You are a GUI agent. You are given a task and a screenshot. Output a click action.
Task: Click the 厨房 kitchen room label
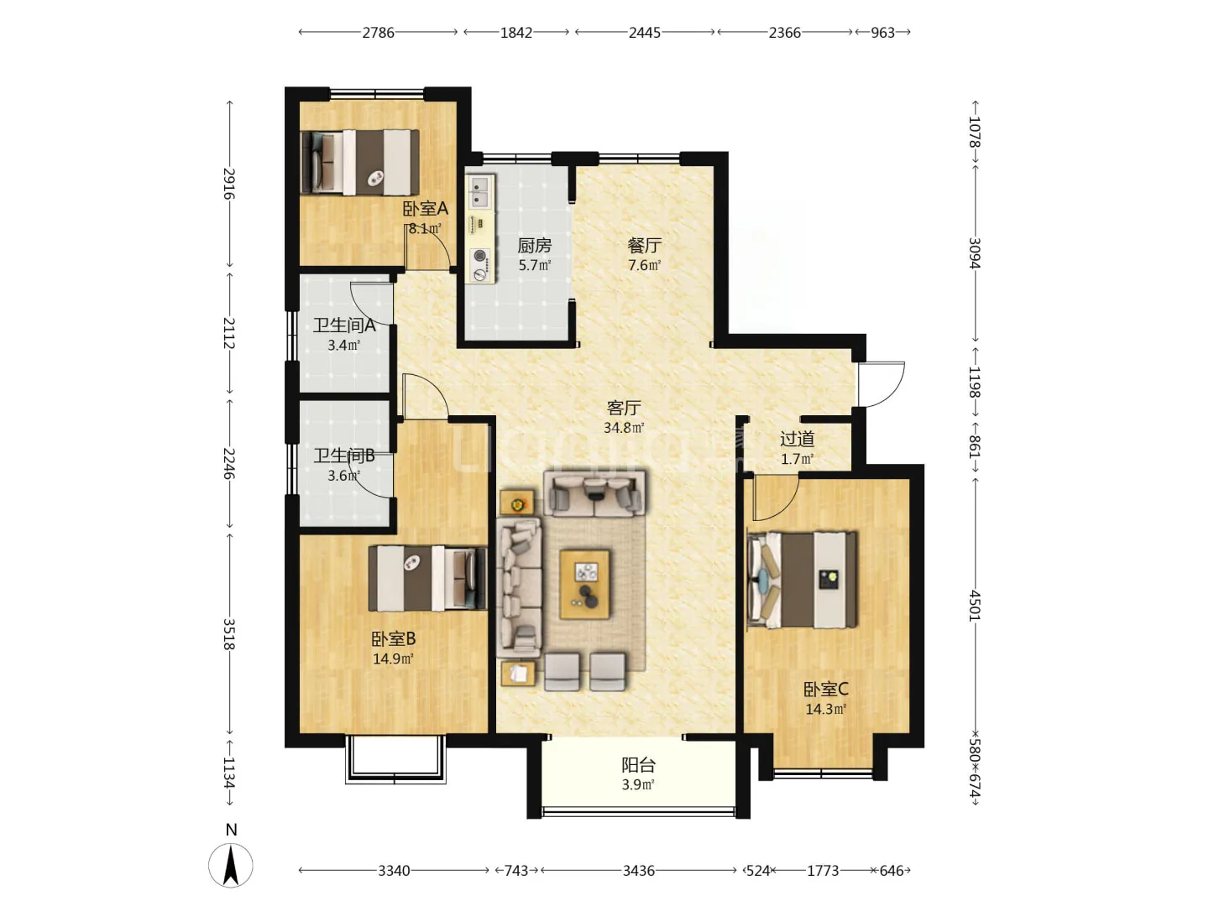coord(534,245)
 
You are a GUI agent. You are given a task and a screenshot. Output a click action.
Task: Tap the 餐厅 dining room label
coord(644,245)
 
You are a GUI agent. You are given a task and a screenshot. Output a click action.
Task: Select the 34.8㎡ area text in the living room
coord(624,428)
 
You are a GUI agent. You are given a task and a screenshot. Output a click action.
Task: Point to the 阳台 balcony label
coord(638,765)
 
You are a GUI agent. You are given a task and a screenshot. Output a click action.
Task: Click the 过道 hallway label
coord(797,439)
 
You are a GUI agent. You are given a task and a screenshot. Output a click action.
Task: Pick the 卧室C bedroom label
coord(825,690)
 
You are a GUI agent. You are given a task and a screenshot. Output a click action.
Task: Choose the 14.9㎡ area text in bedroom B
coord(393,659)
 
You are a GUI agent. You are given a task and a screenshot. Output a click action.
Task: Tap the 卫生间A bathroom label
coord(344,325)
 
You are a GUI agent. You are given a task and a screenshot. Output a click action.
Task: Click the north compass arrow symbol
coord(231,865)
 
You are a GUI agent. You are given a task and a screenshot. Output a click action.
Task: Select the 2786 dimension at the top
coord(378,33)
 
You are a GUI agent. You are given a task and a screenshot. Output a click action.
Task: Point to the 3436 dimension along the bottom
coord(639,871)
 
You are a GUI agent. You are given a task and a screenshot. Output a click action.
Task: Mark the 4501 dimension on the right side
coord(975,606)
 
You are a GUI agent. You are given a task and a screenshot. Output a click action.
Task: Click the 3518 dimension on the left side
coord(229,634)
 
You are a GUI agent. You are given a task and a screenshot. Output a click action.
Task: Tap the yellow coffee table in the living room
coord(584,584)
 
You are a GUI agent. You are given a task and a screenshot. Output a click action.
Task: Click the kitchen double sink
coord(479,192)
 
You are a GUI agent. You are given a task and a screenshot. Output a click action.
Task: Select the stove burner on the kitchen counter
coord(479,263)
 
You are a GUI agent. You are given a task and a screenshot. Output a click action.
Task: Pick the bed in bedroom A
coord(360,162)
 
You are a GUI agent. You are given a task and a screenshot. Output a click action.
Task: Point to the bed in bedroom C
coord(802,580)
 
